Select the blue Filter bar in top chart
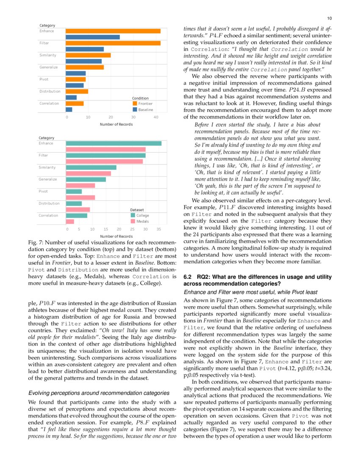click(x=85, y=49)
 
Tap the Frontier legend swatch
click(x=135, y=103)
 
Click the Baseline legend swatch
click(x=135, y=110)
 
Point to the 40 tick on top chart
click(x=156, y=117)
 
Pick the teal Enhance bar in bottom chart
click(x=114, y=143)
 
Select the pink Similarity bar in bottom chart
click(x=89, y=173)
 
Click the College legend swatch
click(x=133, y=215)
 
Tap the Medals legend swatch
click(x=133, y=221)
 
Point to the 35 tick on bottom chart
click(x=159, y=229)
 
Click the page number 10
click(x=330, y=18)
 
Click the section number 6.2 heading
click(x=188, y=277)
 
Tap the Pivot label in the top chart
click(x=44, y=79)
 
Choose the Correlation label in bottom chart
click(x=48, y=215)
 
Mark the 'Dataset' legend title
click(x=137, y=210)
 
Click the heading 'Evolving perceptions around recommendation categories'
click(x=93, y=393)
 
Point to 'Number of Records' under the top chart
click(x=116, y=124)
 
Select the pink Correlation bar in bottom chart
click(x=70, y=221)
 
